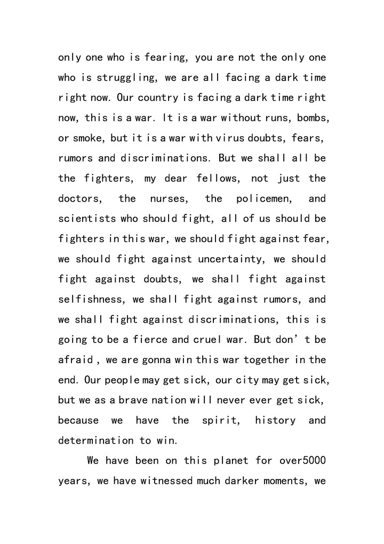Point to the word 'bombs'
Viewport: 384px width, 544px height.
308,117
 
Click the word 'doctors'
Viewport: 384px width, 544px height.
79,198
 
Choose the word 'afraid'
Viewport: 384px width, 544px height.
76,359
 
